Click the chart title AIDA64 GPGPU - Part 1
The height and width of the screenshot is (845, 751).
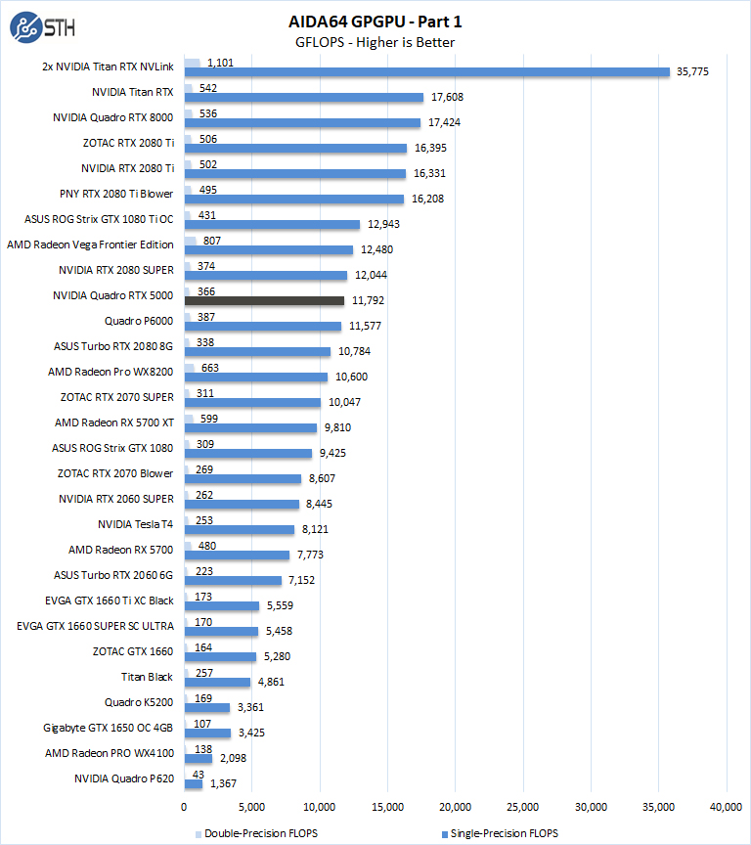point(375,21)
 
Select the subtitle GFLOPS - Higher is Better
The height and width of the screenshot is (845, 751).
point(375,42)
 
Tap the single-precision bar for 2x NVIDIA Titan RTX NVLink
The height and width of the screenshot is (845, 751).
point(426,71)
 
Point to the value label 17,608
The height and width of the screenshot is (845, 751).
point(449,97)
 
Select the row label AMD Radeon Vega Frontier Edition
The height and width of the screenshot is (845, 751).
point(90,245)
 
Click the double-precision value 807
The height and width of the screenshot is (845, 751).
point(214,241)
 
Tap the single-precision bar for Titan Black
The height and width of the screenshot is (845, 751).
point(217,682)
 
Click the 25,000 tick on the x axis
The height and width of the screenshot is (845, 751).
point(523,807)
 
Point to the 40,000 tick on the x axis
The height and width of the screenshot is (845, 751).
point(727,807)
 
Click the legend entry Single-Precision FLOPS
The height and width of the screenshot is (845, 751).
point(502,833)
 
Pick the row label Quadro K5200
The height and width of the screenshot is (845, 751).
point(139,702)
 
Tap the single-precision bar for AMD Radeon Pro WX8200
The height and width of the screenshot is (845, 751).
point(256,377)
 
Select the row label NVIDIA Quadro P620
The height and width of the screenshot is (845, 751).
point(124,778)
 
